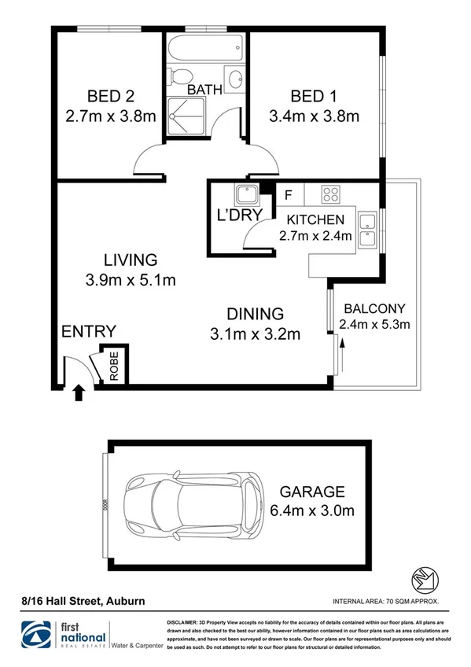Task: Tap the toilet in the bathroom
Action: [x=180, y=79]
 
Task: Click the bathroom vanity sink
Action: [x=235, y=79]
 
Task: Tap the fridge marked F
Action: [x=289, y=193]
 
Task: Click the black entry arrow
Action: [x=78, y=392]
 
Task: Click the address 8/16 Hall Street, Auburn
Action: [x=83, y=602]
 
